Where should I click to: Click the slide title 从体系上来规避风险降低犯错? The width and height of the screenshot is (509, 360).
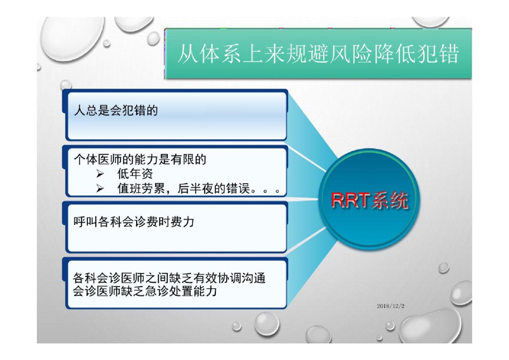[318, 54]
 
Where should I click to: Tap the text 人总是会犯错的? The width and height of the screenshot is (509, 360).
[116, 110]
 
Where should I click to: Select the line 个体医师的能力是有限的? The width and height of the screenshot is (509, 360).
[140, 160]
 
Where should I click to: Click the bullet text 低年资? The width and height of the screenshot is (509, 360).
[135, 174]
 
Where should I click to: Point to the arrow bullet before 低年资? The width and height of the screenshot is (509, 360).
[100, 174]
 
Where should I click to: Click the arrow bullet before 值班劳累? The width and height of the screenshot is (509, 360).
[100, 189]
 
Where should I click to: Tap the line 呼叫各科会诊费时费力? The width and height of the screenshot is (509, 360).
[134, 222]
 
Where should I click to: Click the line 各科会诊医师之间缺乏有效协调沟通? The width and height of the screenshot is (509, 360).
[169, 278]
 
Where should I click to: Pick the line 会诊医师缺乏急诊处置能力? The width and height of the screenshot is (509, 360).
[145, 291]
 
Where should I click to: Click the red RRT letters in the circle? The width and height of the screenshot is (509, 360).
[350, 200]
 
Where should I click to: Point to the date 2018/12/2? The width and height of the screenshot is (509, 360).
[391, 306]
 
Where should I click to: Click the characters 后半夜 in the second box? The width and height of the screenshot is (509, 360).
[196, 189]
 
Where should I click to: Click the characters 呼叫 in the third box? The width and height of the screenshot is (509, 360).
[85, 222]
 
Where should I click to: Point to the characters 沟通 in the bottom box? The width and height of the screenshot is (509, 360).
[254, 278]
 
